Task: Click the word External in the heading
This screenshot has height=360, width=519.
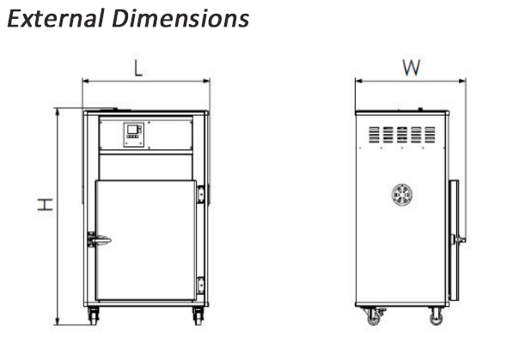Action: click(56, 19)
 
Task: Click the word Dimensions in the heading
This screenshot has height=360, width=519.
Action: click(180, 19)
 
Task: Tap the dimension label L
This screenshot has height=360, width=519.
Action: click(138, 68)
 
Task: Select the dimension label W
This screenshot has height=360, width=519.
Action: click(412, 68)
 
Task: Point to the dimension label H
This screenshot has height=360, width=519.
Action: click(45, 204)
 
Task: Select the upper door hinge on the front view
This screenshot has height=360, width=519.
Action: click(200, 194)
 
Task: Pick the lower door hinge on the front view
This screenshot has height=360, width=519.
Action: click(200, 285)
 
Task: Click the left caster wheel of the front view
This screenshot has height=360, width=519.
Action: click(94, 316)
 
